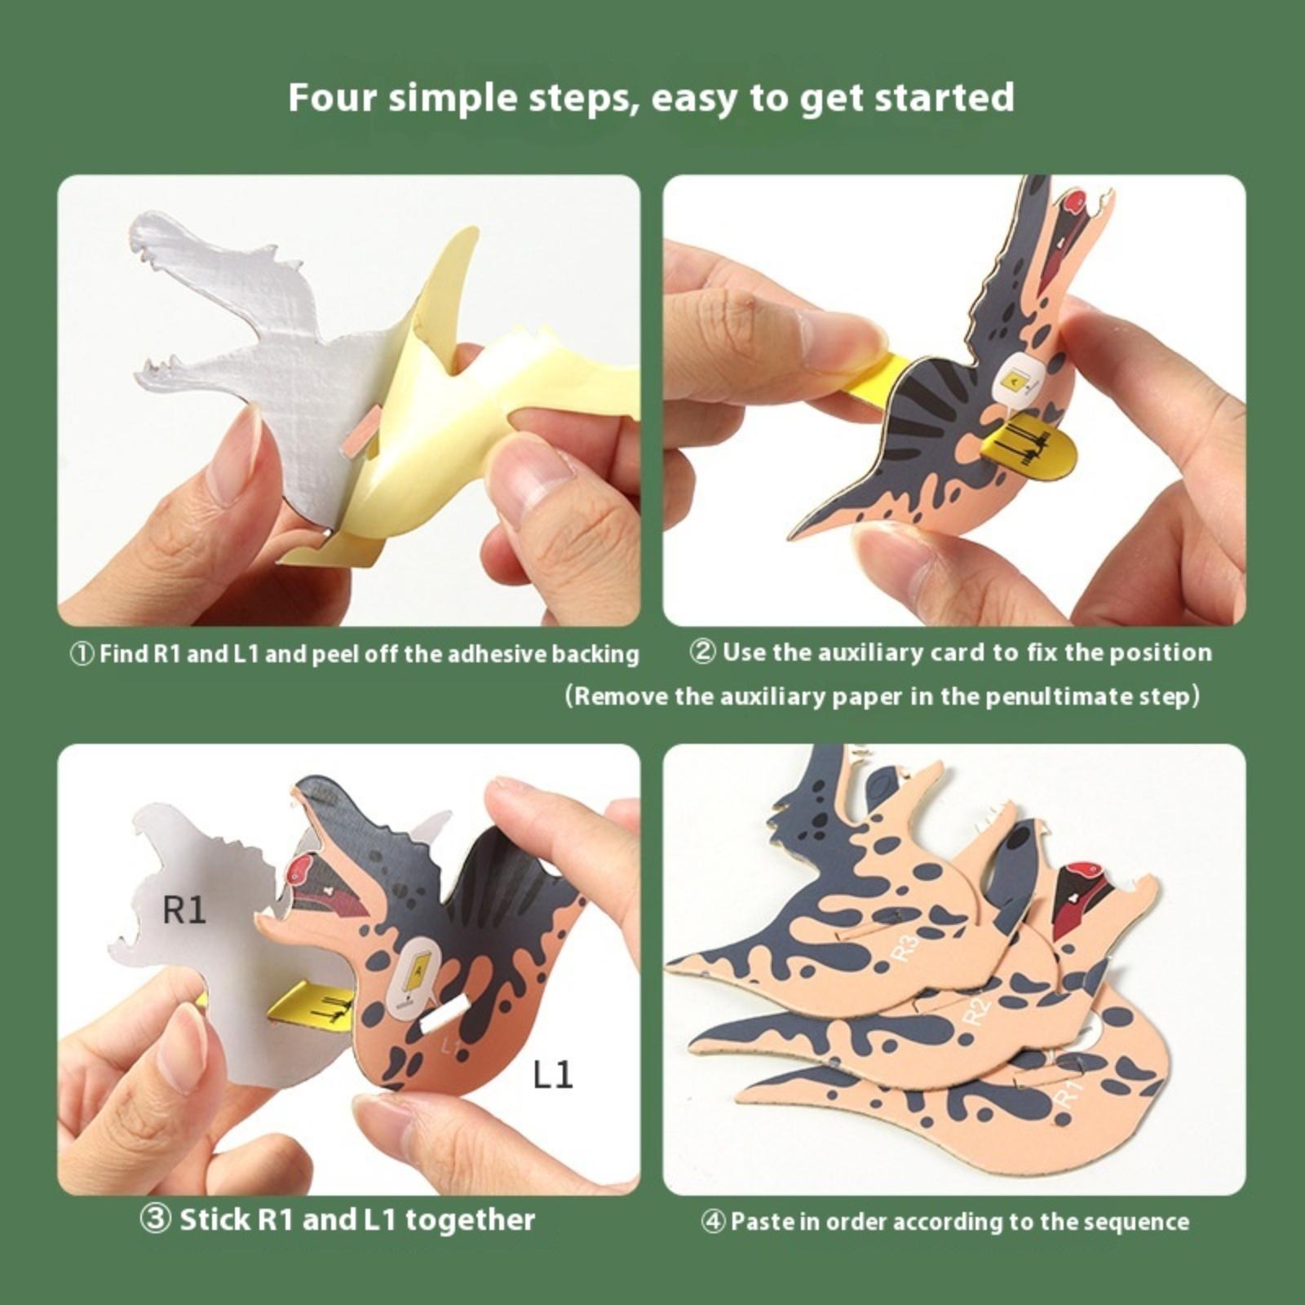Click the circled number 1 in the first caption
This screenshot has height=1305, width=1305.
(82, 654)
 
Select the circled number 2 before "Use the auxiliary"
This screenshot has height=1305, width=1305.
(703, 652)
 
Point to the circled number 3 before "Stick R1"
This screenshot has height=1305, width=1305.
(155, 1220)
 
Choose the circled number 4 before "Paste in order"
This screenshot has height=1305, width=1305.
(714, 1222)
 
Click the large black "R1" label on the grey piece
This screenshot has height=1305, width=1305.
(184, 910)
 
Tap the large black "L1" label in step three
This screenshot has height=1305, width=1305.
(552, 1074)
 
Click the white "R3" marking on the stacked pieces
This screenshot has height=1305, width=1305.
(907, 948)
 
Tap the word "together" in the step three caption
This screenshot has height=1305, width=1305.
(471, 1220)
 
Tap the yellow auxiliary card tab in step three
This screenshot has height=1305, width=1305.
(314, 1002)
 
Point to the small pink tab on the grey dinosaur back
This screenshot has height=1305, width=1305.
(362, 429)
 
